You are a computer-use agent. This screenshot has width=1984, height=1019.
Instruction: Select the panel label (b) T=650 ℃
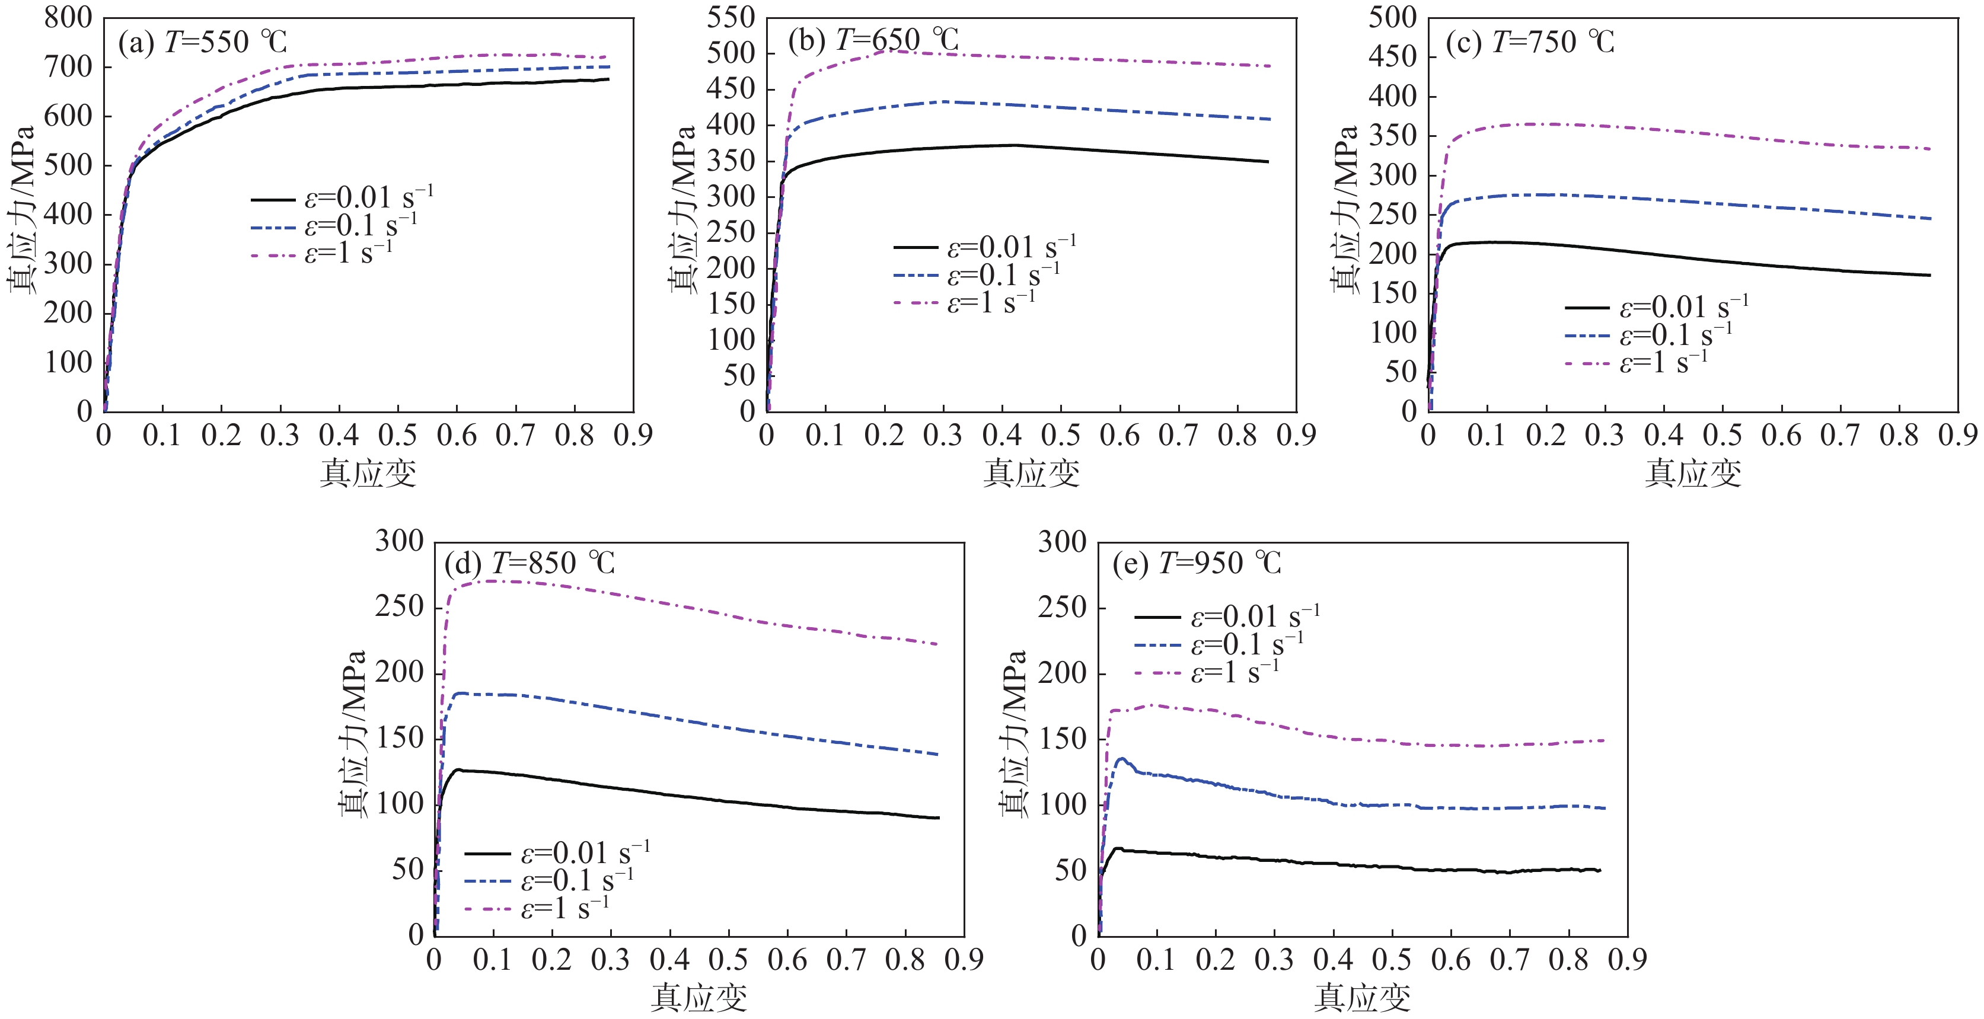(x=873, y=40)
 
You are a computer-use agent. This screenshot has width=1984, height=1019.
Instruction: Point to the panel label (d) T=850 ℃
(x=530, y=563)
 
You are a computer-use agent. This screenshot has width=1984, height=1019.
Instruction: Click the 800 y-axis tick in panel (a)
(x=68, y=17)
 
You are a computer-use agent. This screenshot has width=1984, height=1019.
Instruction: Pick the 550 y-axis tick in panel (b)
(x=731, y=17)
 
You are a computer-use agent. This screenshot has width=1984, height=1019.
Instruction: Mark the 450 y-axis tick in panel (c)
(x=1392, y=56)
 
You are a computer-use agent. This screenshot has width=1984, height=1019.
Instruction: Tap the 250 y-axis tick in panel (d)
(x=399, y=608)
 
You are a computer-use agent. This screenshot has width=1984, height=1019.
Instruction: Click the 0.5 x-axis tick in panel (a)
(x=397, y=436)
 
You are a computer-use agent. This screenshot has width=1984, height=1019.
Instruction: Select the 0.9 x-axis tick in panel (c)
(x=1957, y=436)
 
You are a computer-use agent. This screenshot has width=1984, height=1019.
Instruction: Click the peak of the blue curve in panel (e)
(x=1121, y=759)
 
